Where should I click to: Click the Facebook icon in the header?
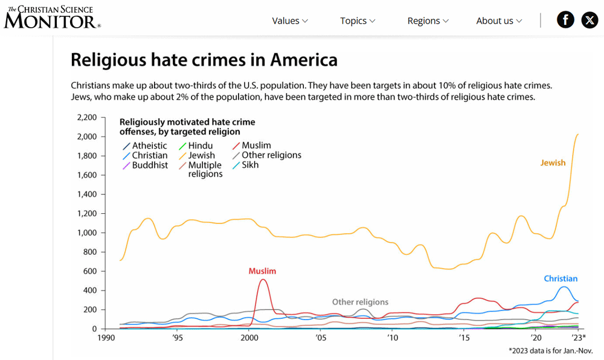pyautogui.click(x=565, y=20)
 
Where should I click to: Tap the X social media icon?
pyautogui.click(x=590, y=20)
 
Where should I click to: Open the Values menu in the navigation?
pyautogui.click(x=290, y=21)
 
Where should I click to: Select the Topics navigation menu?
pyautogui.click(x=358, y=21)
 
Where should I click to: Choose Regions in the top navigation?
pyautogui.click(x=428, y=21)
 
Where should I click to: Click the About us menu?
pyautogui.click(x=499, y=21)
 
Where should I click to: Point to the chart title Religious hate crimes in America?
pyautogui.click(x=204, y=60)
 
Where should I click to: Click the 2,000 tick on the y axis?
pyautogui.click(x=87, y=137)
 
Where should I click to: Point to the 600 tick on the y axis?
pyautogui.click(x=91, y=271)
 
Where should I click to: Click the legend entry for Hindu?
pyautogui.click(x=199, y=146)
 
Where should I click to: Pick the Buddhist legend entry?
pyautogui.click(x=149, y=165)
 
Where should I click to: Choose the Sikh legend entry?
pyautogui.click(x=249, y=165)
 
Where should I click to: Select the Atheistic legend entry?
pyautogui.click(x=149, y=146)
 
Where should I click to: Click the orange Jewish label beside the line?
pyautogui.click(x=553, y=162)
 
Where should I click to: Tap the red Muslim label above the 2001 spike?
pyautogui.click(x=262, y=271)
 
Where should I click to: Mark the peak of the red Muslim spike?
pyautogui.click(x=263, y=280)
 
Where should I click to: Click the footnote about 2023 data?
pyautogui.click(x=550, y=350)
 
